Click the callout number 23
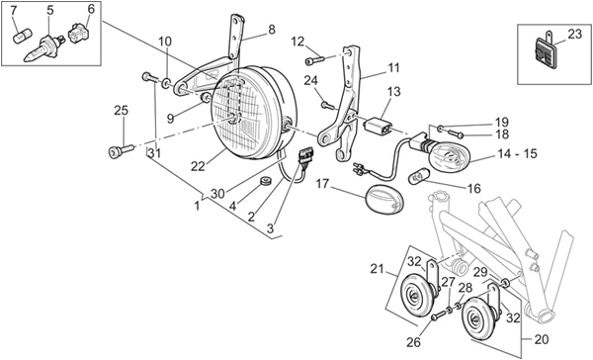click(x=574, y=34)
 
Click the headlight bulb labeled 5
click(x=44, y=48)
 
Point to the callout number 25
click(x=122, y=111)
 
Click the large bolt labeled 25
click(x=121, y=150)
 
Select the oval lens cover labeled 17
click(x=385, y=199)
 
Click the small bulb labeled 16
click(x=418, y=177)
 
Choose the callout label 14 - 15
click(x=517, y=154)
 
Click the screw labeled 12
click(x=314, y=59)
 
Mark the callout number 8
click(x=272, y=30)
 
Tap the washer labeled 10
click(x=166, y=83)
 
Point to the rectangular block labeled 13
click(x=377, y=126)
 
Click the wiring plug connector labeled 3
click(x=305, y=156)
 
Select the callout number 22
click(x=198, y=166)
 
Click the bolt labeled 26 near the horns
click(x=439, y=315)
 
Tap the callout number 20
click(x=542, y=339)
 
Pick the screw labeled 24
click(x=328, y=105)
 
